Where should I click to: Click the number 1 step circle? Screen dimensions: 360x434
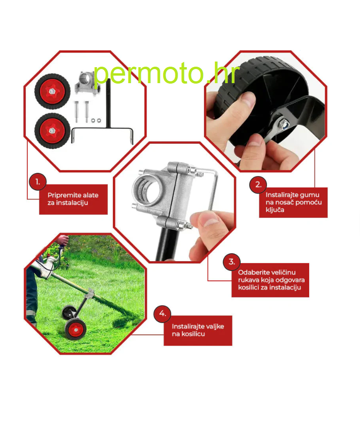coord(38,182)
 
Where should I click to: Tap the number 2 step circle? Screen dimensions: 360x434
coord(258,185)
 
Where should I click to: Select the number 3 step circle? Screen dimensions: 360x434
coord(232,262)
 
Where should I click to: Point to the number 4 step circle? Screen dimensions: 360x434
coord(162,314)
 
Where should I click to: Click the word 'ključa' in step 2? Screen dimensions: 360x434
coord(275,210)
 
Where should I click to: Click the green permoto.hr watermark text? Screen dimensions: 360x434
coord(166,73)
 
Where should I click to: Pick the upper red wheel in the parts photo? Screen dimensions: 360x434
coord(52,91)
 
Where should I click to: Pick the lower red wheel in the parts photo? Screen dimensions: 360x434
coord(52,131)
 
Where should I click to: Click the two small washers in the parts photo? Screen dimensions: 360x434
coord(96,120)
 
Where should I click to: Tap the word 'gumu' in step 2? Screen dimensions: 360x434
coord(310,195)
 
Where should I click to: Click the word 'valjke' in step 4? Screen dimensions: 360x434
coord(215,326)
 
